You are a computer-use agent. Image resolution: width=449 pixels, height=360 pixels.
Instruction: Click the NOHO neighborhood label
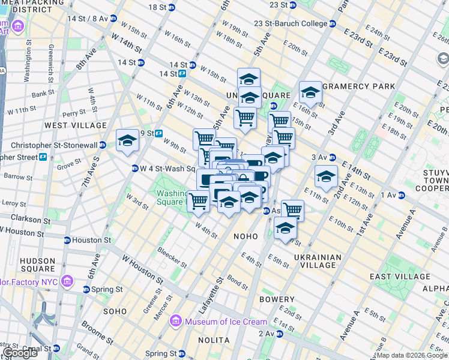[x=246, y=236]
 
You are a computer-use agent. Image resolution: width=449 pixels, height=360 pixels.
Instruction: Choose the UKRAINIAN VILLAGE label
[x=318, y=261]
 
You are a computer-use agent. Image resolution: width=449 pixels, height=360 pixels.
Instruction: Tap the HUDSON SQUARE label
[x=38, y=265]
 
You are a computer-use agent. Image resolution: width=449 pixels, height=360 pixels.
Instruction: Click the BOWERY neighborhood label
[x=277, y=299]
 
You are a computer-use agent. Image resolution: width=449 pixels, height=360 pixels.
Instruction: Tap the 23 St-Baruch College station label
[x=290, y=23]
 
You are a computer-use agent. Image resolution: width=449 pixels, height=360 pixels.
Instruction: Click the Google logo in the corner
[x=20, y=353]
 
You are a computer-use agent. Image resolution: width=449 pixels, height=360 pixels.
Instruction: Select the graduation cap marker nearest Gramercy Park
[x=310, y=93]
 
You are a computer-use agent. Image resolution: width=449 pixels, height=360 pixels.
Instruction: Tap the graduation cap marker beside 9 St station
[x=127, y=141]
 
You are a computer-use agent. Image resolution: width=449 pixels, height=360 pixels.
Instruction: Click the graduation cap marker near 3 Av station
[x=326, y=177]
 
